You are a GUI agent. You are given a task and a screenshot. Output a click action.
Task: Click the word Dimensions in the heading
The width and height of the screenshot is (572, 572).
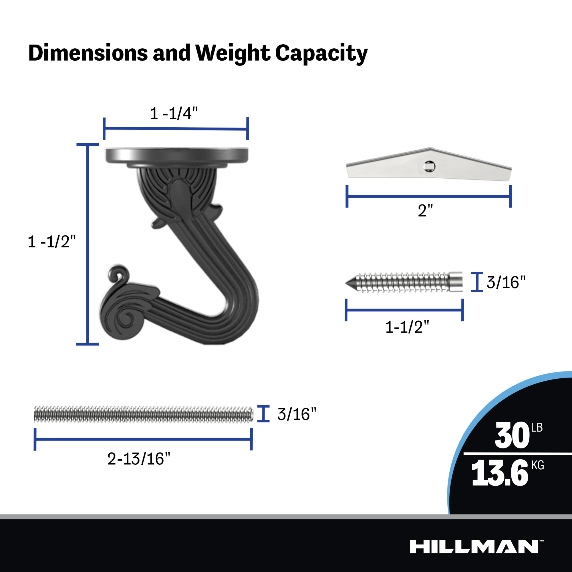[88, 53]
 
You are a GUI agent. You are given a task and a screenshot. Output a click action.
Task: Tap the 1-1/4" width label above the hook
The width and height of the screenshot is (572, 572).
[174, 114]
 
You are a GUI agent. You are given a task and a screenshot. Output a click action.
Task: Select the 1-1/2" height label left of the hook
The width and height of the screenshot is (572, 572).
[52, 242]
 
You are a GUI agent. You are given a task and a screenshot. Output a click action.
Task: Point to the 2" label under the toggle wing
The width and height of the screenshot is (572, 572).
[425, 211]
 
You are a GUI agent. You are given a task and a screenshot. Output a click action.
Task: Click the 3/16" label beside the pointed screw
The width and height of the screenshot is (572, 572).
[506, 283]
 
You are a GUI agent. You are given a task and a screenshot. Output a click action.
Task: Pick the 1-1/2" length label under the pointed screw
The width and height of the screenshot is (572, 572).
[407, 327]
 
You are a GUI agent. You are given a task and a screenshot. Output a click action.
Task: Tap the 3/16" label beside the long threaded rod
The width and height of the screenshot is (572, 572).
[297, 414]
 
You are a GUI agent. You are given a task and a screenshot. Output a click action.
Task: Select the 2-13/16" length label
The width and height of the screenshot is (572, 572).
[138, 459]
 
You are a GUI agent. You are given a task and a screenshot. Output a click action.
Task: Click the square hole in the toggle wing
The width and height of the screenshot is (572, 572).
[429, 167]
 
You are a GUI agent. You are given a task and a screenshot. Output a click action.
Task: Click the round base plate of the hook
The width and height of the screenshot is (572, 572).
[177, 155]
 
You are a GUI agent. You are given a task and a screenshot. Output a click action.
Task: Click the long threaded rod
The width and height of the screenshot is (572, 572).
[144, 414]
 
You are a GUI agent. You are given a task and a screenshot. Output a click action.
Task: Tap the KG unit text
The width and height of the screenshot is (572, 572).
[537, 465]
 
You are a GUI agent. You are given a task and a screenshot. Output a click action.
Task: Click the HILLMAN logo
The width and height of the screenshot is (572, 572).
[474, 547]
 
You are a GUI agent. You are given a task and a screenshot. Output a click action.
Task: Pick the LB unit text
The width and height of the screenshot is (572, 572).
[537, 428]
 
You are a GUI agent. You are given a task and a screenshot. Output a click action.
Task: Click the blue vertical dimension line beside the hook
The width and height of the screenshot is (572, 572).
[88, 244]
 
